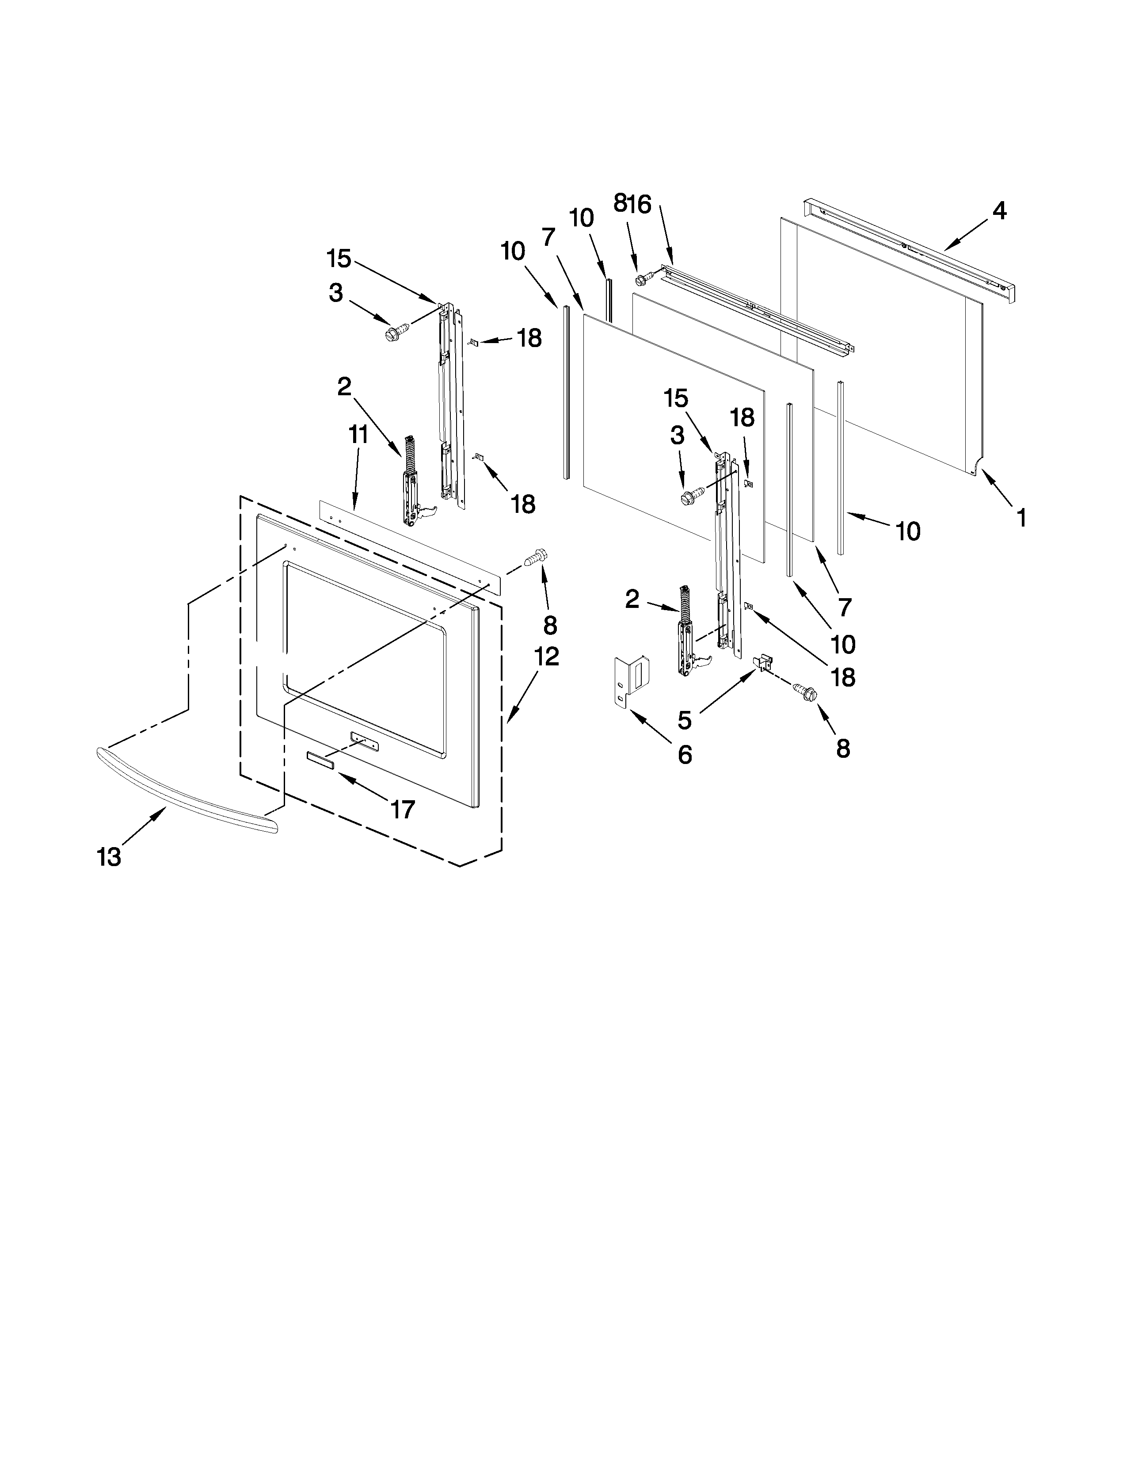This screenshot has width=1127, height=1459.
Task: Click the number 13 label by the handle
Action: tap(110, 856)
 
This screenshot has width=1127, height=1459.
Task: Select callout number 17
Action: tap(403, 810)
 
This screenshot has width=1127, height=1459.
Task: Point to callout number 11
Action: tap(358, 435)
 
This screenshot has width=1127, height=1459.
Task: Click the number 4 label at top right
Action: tap(999, 211)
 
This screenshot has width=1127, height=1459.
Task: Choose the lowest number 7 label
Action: tap(845, 607)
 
